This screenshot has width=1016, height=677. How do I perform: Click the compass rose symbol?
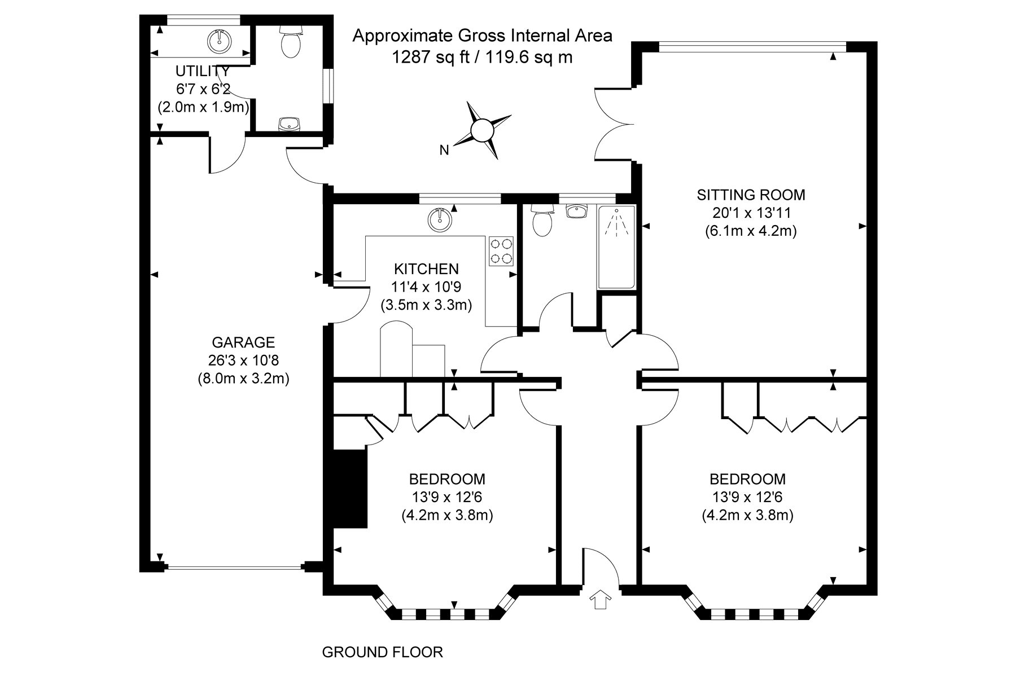[483, 130]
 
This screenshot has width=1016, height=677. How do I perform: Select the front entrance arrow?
[599, 599]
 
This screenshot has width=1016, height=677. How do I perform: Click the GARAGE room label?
[243, 342]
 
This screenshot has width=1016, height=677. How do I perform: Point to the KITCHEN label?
[426, 269]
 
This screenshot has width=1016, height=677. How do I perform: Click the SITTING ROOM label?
[751, 195]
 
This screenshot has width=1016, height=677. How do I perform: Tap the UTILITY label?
[203, 72]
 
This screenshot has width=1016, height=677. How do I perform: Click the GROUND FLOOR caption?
[383, 653]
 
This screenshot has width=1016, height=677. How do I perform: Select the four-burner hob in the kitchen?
[502, 251]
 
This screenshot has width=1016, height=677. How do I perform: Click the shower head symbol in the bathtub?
[617, 223]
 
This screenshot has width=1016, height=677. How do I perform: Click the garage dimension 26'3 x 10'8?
[243, 361]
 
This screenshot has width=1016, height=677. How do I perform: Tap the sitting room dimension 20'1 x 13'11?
[751, 213]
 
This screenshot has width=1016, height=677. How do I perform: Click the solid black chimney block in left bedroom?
[351, 489]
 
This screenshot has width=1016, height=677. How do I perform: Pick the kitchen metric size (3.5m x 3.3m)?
[426, 305]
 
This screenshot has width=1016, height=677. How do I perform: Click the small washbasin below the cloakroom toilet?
[290, 124]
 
